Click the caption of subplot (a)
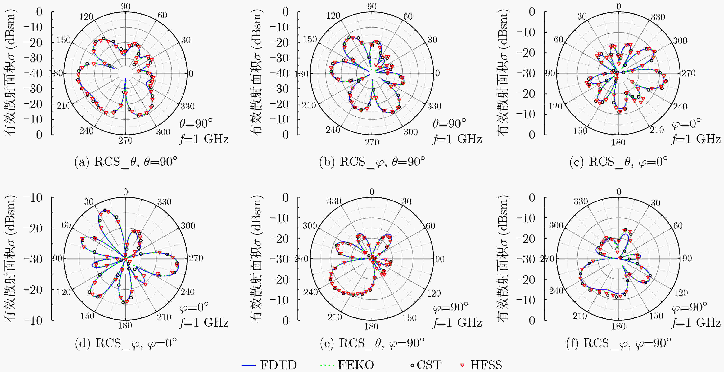point(126,162)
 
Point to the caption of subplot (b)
point(372,162)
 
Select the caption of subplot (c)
point(618,162)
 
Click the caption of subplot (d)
point(126,343)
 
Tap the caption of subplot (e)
point(372,343)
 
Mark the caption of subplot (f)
point(618,343)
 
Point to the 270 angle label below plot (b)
point(372,143)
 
